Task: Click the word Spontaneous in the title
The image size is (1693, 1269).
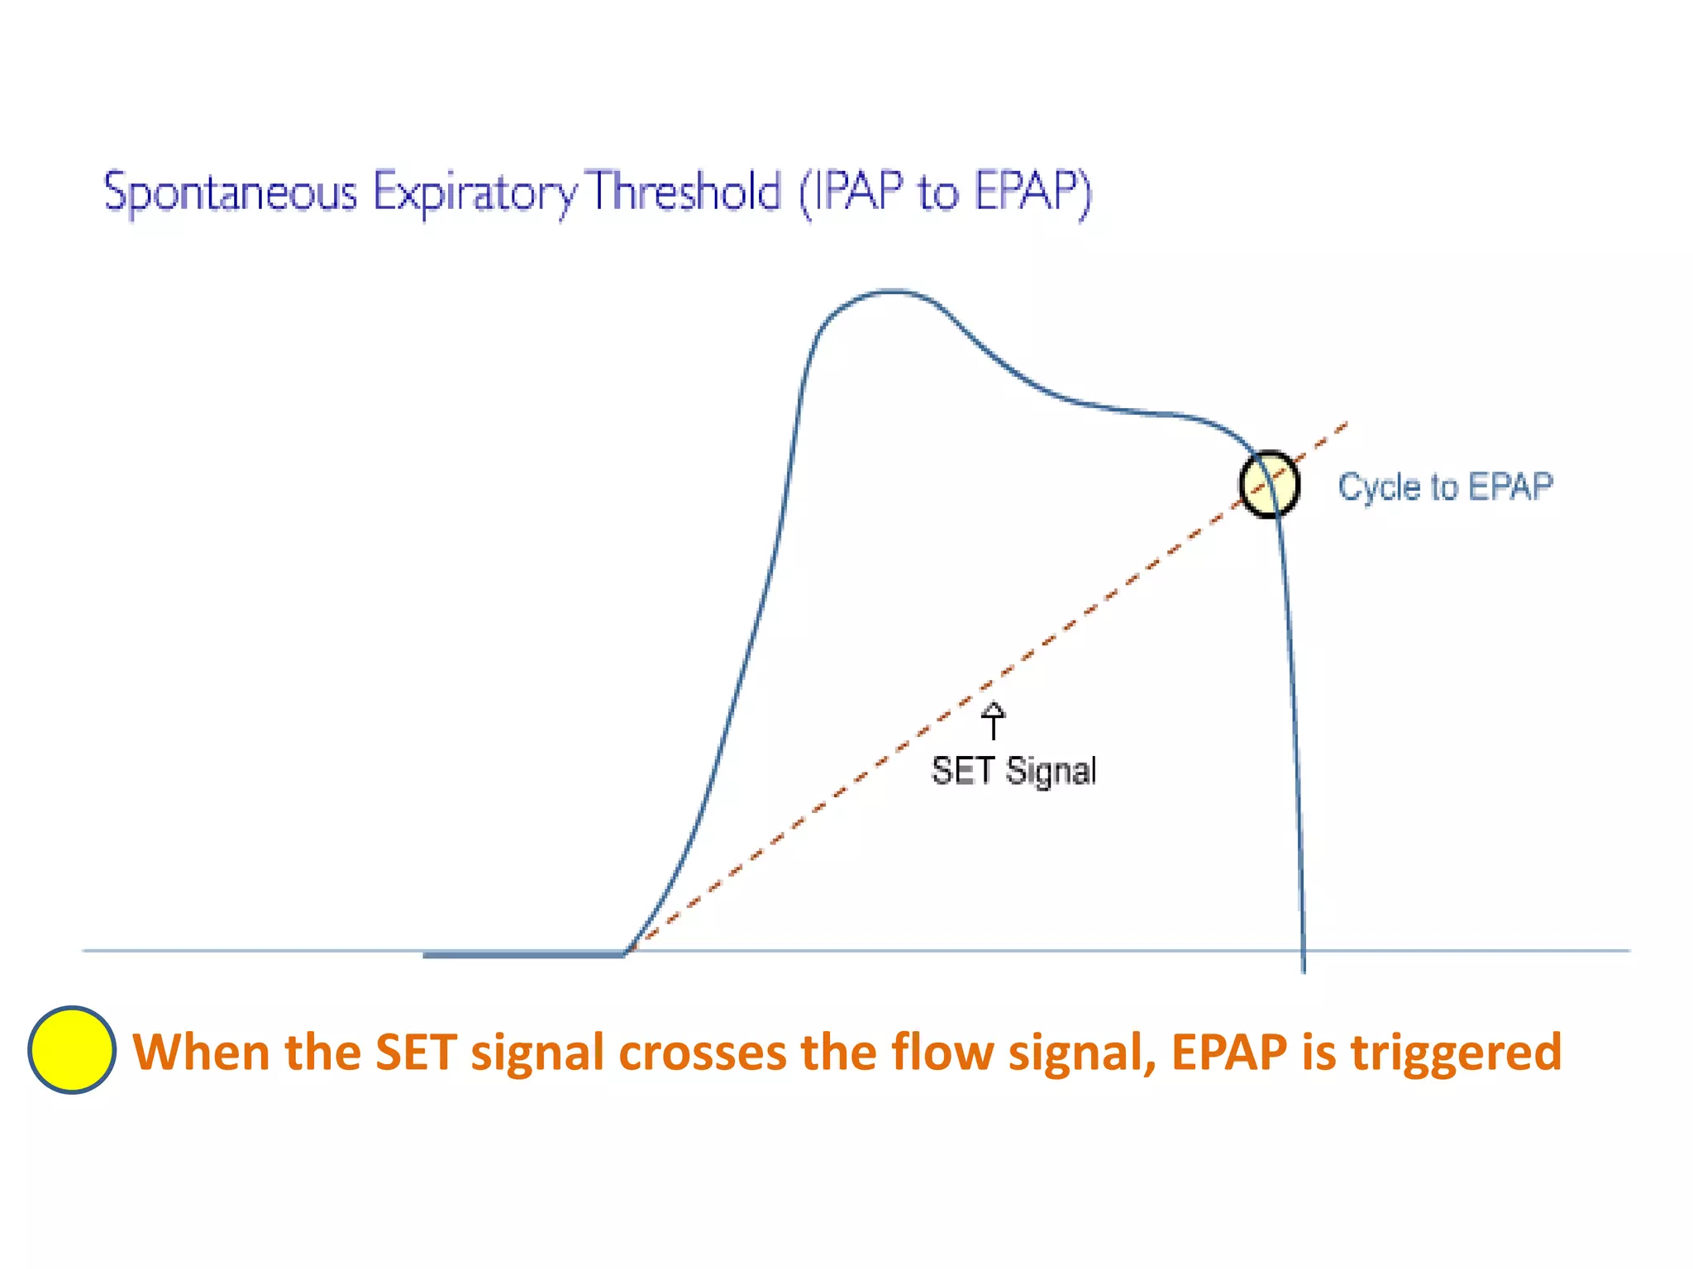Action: (230, 192)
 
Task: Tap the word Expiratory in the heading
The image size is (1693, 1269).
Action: (474, 192)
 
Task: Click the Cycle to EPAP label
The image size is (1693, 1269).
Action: (1445, 487)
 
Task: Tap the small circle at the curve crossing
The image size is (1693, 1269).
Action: (1269, 484)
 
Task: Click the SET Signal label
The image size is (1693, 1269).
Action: (1013, 771)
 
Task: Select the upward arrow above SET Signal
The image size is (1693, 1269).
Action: (993, 720)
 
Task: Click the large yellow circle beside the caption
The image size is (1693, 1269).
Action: (72, 1050)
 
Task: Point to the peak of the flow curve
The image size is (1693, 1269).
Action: (893, 292)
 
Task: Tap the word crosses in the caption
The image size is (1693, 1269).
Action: (703, 1053)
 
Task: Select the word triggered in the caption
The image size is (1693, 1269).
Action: (1457, 1053)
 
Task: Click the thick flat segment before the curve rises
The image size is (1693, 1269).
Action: (523, 954)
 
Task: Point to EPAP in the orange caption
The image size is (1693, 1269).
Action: (1229, 1053)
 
